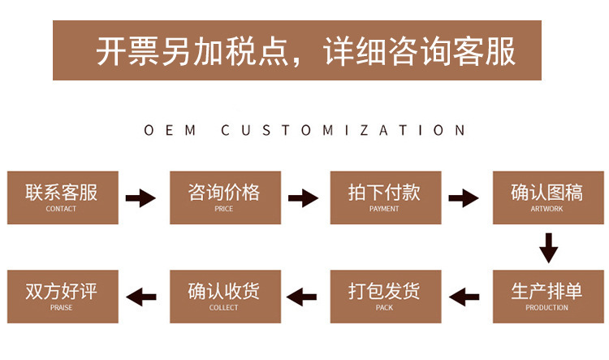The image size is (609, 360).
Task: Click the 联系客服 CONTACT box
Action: (63, 197)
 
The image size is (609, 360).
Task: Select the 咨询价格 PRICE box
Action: (224, 197)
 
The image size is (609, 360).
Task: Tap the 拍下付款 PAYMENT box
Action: (385, 197)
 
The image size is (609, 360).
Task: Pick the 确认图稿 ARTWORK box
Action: (547, 197)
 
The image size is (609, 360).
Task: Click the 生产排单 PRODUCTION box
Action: (547, 297)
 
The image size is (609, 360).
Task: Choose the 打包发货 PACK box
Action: (385, 297)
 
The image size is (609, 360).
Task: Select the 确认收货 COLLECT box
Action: (224, 297)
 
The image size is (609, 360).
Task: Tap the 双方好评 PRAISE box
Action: (63, 297)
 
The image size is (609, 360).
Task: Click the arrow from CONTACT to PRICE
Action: (141, 197)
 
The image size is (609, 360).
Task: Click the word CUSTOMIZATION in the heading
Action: (344, 130)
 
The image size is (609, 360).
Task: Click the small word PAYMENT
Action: (385, 210)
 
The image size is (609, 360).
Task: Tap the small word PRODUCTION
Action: (547, 308)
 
